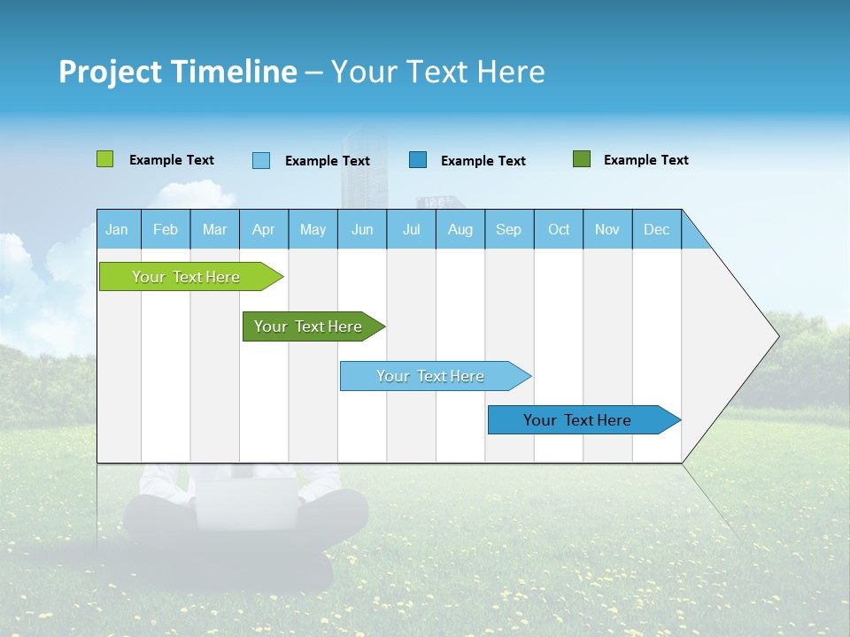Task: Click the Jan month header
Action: [x=118, y=229]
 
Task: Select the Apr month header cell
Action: [x=264, y=229]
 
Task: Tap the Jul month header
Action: [x=411, y=229]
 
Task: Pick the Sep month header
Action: [x=509, y=229]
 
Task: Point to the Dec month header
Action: [x=656, y=229]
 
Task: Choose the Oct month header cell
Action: [x=559, y=229]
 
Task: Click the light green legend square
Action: [x=105, y=159]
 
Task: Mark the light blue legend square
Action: [x=261, y=160]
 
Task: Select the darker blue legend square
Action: [x=418, y=159]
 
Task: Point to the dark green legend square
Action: [x=582, y=159]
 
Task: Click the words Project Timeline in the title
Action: [x=178, y=72]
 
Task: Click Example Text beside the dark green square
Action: [x=645, y=160]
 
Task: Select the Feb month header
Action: [x=166, y=229]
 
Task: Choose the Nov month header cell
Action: [x=607, y=229]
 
